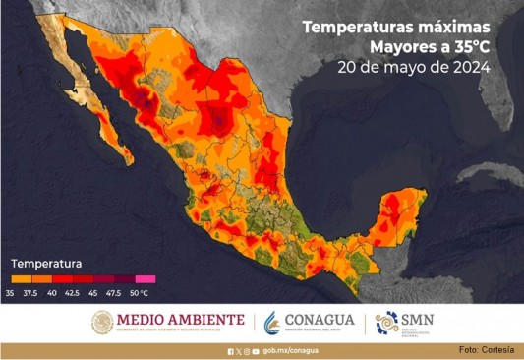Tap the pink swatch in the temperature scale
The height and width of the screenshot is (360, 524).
(146, 279)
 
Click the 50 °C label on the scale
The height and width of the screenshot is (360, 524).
(139, 293)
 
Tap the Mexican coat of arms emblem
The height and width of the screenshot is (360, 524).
(102, 323)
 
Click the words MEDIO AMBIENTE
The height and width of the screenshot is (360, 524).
(180, 320)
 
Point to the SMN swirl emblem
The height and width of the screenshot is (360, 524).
(386, 323)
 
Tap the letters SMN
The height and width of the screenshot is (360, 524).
(424, 320)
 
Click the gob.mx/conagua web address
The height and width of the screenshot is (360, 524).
(293, 351)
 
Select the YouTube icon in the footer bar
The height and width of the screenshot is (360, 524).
(255, 351)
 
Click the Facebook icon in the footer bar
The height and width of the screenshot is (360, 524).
(230, 351)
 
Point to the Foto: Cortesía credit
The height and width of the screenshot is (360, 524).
(487, 351)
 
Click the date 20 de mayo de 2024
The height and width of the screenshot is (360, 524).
(413, 67)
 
